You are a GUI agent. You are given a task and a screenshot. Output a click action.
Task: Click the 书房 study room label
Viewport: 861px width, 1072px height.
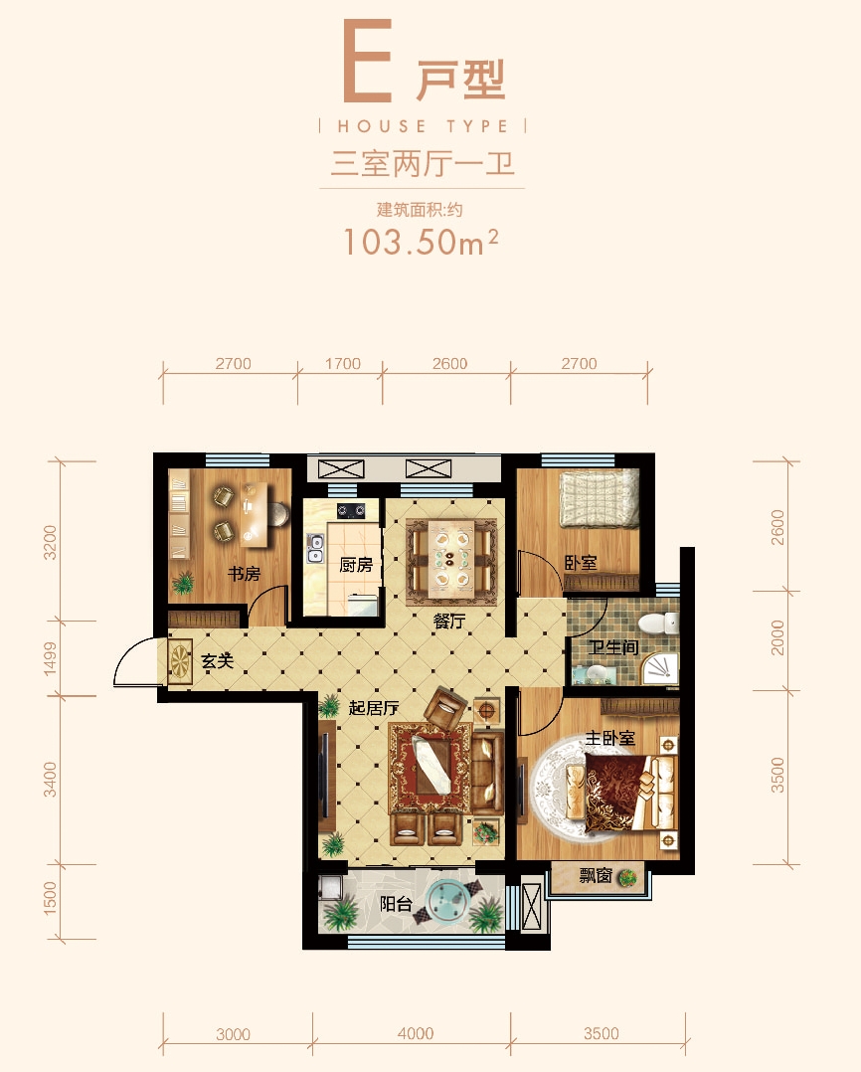tap(244, 574)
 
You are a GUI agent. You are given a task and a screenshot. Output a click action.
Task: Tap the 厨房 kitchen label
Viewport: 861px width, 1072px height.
tap(356, 565)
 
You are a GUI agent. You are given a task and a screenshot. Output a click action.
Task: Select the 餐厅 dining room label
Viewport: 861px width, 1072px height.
tap(449, 621)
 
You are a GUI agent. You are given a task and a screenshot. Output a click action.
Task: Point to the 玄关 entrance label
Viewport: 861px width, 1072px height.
tap(218, 661)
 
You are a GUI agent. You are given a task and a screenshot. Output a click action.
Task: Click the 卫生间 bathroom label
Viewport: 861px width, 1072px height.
tap(613, 646)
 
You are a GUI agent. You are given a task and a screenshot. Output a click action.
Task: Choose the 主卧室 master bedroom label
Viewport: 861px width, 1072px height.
tap(610, 738)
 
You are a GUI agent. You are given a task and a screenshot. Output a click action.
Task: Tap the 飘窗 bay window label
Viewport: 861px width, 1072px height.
tap(596, 876)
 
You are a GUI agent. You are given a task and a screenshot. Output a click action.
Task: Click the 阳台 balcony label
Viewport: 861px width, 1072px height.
tap(396, 904)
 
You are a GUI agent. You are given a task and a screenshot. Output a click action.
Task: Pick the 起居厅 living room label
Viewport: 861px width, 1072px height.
tap(373, 708)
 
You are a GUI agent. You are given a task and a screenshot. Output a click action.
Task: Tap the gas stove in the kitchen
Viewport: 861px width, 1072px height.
tap(350, 510)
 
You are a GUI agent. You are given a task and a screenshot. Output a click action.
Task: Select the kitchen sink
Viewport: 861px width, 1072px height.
tap(315, 548)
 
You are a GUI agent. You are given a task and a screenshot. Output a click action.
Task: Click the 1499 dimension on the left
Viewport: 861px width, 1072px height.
tap(50, 658)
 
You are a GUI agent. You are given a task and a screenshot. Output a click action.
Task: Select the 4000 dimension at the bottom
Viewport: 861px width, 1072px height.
tap(416, 1033)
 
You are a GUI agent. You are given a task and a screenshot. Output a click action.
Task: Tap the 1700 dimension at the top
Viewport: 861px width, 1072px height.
tap(342, 364)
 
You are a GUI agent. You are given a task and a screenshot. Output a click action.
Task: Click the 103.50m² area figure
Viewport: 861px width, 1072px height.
tap(421, 242)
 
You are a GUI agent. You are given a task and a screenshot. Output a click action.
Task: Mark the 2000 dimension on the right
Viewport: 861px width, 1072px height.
tap(777, 637)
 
